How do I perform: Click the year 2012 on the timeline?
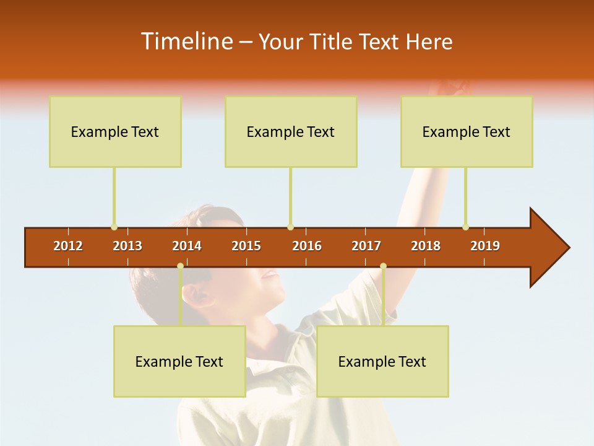pyautogui.click(x=68, y=246)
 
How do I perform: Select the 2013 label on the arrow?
pyautogui.click(x=127, y=246)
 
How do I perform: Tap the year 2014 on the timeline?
pyautogui.click(x=187, y=246)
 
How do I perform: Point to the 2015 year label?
pyautogui.click(x=246, y=246)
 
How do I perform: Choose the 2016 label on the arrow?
pyautogui.click(x=307, y=246)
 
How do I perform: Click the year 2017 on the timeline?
pyautogui.click(x=366, y=246)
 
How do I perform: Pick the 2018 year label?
pyautogui.click(x=426, y=246)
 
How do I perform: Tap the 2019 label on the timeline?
pyautogui.click(x=485, y=246)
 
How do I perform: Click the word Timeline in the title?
pyautogui.click(x=185, y=42)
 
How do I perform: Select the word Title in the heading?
pyautogui.click(x=333, y=42)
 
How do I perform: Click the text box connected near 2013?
pyautogui.click(x=115, y=131)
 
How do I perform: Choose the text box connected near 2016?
pyautogui.click(x=291, y=131)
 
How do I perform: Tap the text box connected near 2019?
pyautogui.click(x=467, y=131)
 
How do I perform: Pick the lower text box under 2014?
pyautogui.click(x=179, y=361)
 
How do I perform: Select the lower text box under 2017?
pyautogui.click(x=382, y=361)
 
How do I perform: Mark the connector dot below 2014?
pyautogui.click(x=180, y=266)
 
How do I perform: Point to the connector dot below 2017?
pyautogui.click(x=383, y=266)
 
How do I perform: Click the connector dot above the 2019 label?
pyautogui.click(x=465, y=227)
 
